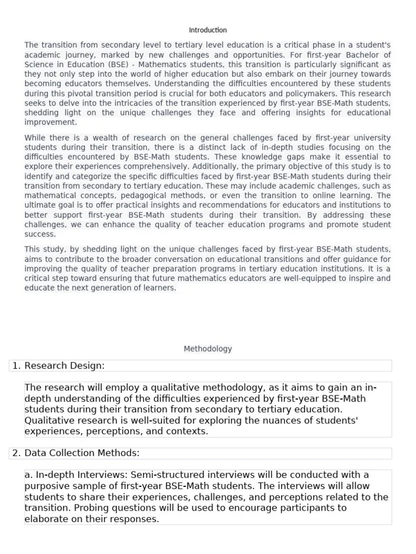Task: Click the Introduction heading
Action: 207,30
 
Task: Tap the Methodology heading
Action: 207,349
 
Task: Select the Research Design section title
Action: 64,366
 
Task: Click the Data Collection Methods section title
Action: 82,453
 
